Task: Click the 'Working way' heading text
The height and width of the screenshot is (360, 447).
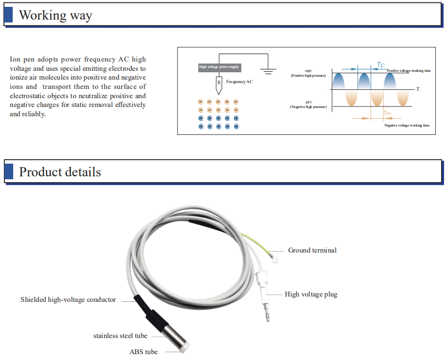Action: point(55,15)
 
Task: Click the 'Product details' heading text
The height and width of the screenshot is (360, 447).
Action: point(60,172)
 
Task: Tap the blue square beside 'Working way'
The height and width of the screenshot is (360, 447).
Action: point(8,15)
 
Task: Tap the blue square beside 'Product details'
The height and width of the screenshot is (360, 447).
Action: point(8,172)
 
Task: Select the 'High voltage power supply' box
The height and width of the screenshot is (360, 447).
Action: point(219,67)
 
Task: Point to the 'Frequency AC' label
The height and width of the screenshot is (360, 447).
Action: point(239,82)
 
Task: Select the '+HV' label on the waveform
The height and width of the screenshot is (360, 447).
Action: point(308,71)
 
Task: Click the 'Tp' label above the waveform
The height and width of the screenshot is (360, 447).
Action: point(381,64)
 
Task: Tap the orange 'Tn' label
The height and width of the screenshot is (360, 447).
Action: point(387,114)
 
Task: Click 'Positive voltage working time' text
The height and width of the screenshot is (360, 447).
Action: point(408,71)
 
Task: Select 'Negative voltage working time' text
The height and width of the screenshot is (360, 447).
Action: point(407,126)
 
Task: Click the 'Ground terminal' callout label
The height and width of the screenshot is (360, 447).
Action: point(312,250)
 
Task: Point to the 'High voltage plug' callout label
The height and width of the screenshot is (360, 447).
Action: point(311,294)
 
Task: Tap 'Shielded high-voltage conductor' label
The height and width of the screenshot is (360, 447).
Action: point(68,299)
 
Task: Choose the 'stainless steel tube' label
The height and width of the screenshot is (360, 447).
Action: point(120,336)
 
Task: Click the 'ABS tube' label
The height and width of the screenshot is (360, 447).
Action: point(144,352)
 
